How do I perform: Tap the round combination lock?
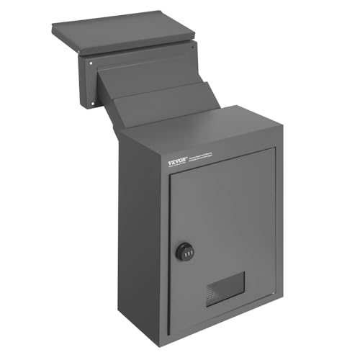pos(184,252)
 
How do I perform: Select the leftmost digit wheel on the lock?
pos(180,252)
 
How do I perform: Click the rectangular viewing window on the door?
pos(225,289)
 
